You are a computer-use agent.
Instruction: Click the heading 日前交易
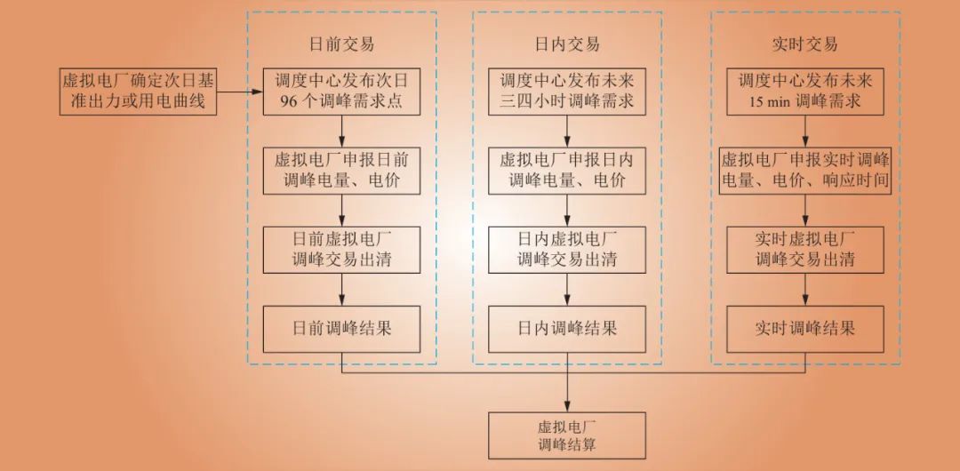pyautogui.click(x=342, y=44)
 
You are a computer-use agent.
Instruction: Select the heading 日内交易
pyautogui.click(x=568, y=44)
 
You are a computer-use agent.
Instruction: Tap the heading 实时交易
pyautogui.click(x=805, y=44)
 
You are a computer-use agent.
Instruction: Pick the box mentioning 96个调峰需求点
pyautogui.click(x=342, y=91)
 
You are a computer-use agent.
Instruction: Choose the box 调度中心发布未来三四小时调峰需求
pyautogui.click(x=568, y=91)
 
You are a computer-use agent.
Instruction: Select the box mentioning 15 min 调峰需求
pyautogui.click(x=805, y=91)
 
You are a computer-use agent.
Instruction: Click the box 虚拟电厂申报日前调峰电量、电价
pyautogui.click(x=342, y=170)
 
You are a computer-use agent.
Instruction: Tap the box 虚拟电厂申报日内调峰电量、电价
pyautogui.click(x=568, y=170)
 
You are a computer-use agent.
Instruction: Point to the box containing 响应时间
pyautogui.click(x=805, y=170)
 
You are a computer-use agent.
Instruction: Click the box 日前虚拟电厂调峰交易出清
pyautogui.click(x=342, y=249)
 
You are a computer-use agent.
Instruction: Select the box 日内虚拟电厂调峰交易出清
pyautogui.click(x=568, y=249)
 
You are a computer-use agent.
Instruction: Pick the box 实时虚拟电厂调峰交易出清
pyautogui.click(x=805, y=249)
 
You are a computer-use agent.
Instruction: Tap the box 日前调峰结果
pyautogui.click(x=342, y=328)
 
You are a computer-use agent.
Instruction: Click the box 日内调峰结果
pyautogui.click(x=568, y=328)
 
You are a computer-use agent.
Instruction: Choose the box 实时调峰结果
pyautogui.click(x=805, y=328)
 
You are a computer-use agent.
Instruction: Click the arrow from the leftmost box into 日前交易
pyautogui.click(x=239, y=91)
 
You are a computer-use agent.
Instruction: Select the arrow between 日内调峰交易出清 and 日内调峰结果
pyautogui.click(x=568, y=289)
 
